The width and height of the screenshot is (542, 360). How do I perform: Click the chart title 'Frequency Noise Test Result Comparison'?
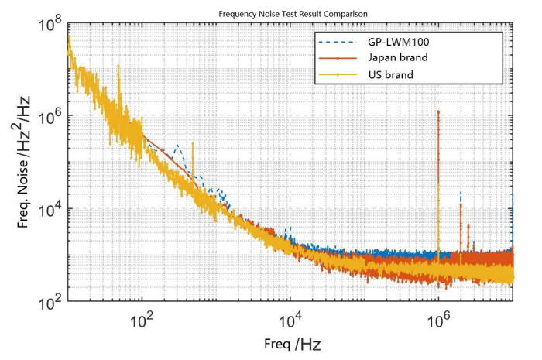(x=293, y=14)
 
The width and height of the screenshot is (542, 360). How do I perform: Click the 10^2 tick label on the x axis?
(x=142, y=320)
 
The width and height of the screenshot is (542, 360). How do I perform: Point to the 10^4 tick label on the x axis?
(x=290, y=320)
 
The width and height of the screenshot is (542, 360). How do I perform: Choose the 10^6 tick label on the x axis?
(x=438, y=320)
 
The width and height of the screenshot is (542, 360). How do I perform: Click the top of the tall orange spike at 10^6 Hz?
(x=438, y=111)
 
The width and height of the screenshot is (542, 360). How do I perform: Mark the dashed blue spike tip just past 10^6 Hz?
(x=460, y=192)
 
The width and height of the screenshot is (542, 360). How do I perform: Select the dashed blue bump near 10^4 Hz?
(x=290, y=229)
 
